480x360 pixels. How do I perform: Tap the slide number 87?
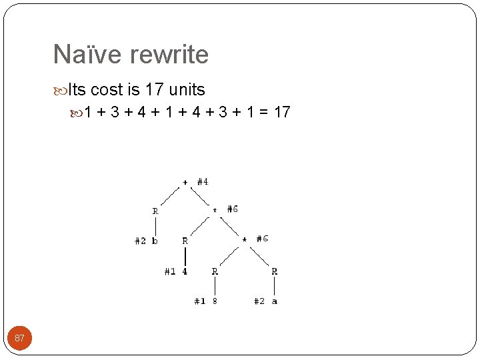[19, 338]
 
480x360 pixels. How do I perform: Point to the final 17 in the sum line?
[282, 112]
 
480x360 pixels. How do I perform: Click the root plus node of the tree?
[185, 181]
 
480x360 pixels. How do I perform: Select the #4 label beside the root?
[203, 181]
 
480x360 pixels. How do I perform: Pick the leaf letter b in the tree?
[155, 241]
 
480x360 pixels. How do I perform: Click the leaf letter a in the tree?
[275, 301]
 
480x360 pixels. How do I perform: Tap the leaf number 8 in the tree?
[215, 301]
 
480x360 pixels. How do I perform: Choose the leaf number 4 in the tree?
[185, 271]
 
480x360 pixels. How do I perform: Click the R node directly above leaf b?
[155, 211]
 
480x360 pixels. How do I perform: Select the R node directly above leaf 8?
[215, 271]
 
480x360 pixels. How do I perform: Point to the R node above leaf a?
[275, 271]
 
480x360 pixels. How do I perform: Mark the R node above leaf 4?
[185, 241]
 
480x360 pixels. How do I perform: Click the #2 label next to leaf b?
[140, 241]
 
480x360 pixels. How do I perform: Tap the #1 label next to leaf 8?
[199, 301]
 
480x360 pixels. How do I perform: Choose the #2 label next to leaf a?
[259, 301]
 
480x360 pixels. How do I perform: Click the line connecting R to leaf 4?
[185, 256]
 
